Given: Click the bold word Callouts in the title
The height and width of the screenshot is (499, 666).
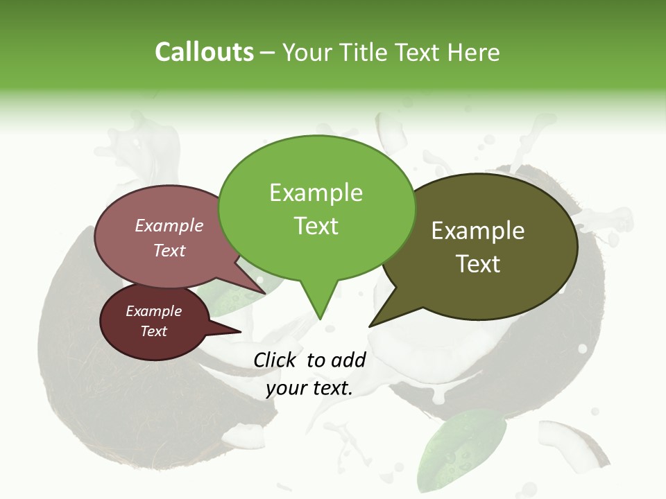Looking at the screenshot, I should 204,52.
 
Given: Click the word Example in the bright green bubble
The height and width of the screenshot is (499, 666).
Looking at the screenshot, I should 316,193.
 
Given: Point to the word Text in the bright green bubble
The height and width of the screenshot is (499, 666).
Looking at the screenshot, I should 316,225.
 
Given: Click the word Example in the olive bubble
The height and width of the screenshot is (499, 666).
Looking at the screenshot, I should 478,231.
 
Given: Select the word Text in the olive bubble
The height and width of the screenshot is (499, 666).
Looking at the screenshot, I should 478,263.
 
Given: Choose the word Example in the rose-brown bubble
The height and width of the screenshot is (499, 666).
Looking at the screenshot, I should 169,225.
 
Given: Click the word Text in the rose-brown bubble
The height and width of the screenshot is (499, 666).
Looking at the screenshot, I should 169,250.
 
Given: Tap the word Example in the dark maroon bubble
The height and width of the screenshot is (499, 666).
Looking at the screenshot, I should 153,311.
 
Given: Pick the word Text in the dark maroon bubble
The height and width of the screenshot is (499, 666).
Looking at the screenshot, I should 153,331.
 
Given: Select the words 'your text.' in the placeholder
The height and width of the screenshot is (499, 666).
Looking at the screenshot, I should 309,388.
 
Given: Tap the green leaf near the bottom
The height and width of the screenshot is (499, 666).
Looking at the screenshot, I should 461,444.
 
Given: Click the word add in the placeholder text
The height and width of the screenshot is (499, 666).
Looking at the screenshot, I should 348,360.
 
